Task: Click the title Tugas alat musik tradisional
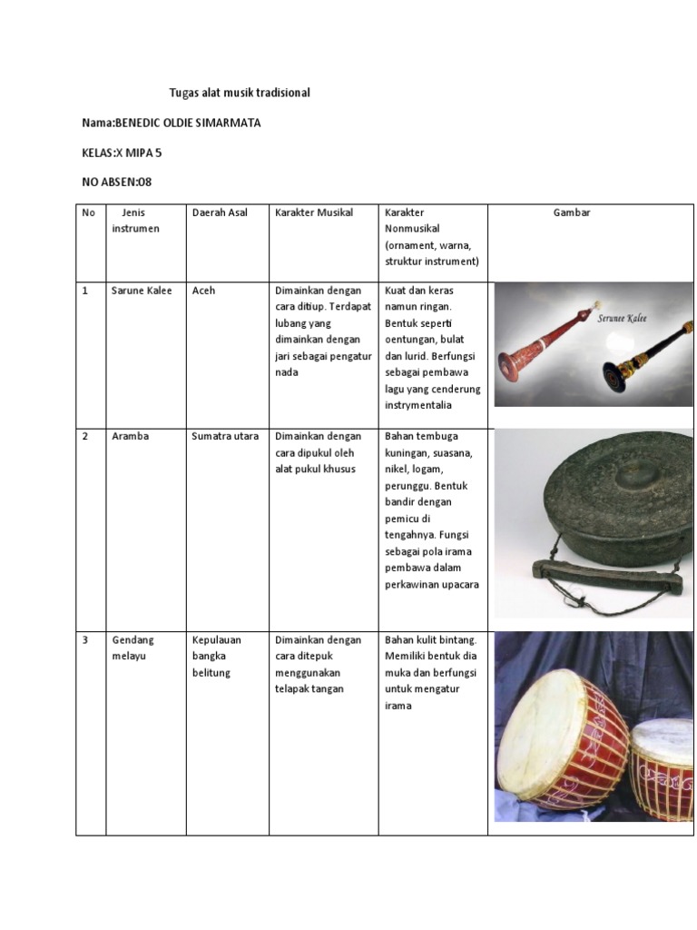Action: click(240, 93)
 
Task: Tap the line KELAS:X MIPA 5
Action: click(122, 153)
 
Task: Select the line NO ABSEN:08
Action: click(117, 182)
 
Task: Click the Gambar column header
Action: click(572, 213)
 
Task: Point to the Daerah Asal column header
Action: click(220, 213)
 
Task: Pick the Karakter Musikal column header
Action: click(314, 213)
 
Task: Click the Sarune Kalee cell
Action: click(142, 291)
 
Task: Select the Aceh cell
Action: click(204, 291)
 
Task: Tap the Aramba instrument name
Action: click(130, 436)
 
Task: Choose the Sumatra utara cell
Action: click(225, 436)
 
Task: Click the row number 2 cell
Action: click(85, 436)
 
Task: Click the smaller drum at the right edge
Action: click(663, 767)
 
